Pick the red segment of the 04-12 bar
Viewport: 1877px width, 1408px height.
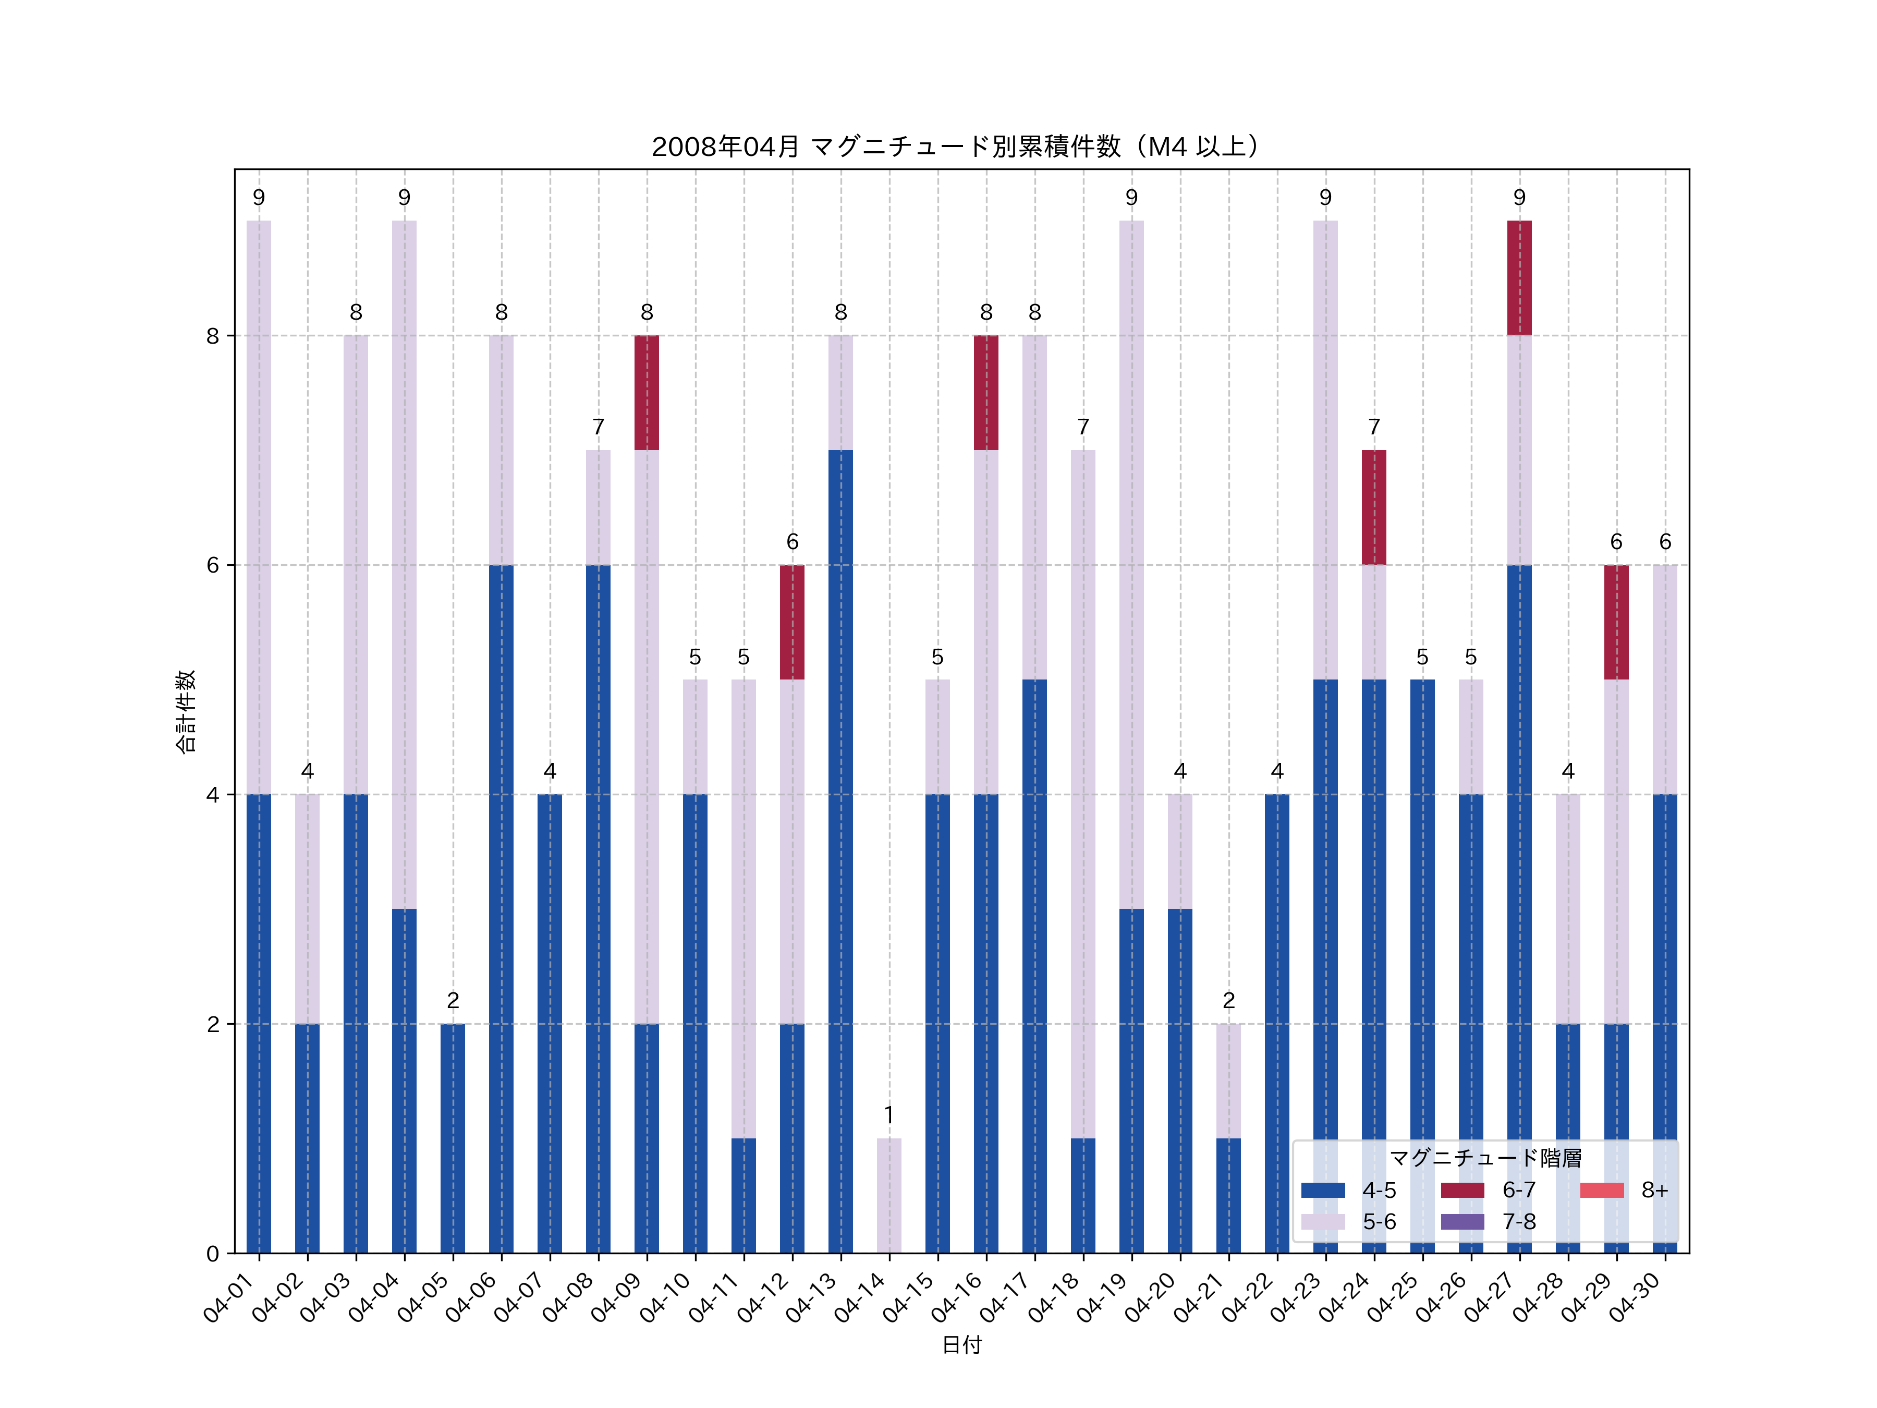(x=791, y=622)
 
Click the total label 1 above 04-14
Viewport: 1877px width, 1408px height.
(x=888, y=1114)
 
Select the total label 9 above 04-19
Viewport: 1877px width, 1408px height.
(x=1131, y=198)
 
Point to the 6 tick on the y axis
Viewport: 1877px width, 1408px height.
(x=212, y=565)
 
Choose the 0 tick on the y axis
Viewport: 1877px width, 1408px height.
(x=212, y=1254)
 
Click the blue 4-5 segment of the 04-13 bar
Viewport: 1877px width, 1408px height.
(x=840, y=848)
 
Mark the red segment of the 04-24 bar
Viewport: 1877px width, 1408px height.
(x=1374, y=507)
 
